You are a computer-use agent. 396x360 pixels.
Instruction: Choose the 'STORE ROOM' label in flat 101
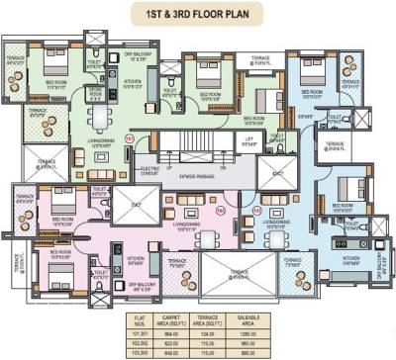95,92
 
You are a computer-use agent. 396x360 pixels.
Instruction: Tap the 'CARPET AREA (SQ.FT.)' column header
165,321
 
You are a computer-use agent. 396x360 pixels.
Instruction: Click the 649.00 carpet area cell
165,351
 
